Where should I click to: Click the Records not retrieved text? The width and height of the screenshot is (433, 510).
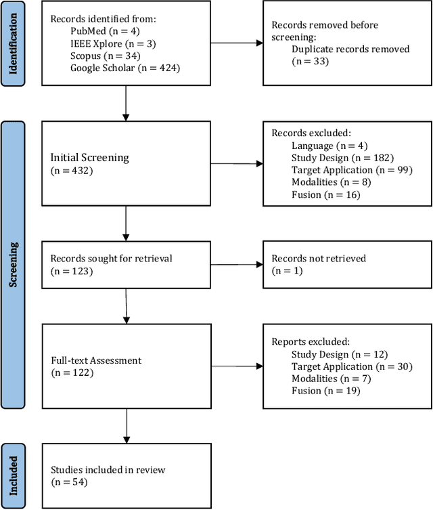[x=318, y=259]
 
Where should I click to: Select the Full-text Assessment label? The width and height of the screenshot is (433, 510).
[x=96, y=360]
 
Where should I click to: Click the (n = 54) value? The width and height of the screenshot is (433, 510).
[x=69, y=482]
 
